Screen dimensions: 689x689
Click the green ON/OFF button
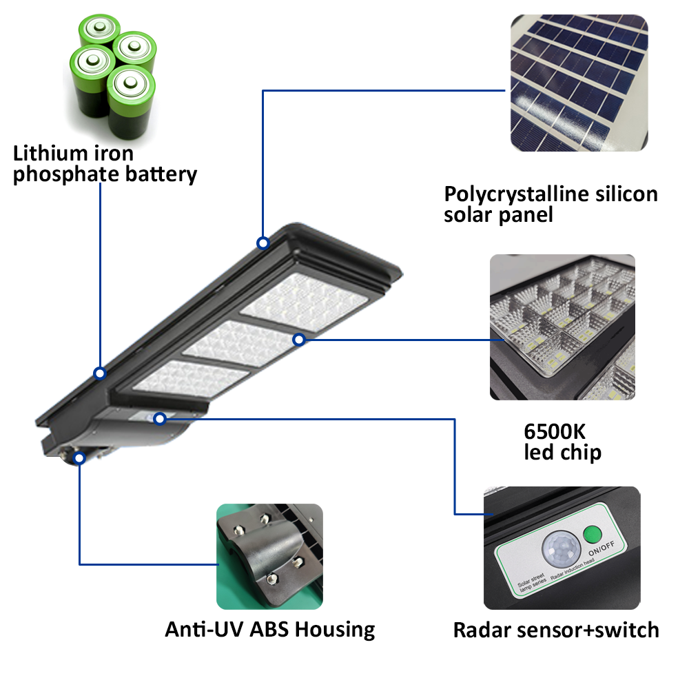click(591, 535)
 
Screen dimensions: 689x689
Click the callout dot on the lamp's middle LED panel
click(298, 339)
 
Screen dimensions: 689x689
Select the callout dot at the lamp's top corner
click(263, 243)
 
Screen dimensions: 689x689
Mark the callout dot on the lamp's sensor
click(160, 418)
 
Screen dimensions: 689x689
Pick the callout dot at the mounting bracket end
click(80, 456)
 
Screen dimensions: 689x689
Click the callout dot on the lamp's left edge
click(100, 373)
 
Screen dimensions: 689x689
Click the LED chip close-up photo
click(562, 327)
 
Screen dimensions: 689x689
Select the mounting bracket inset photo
click(269, 555)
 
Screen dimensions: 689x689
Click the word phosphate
click(65, 174)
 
